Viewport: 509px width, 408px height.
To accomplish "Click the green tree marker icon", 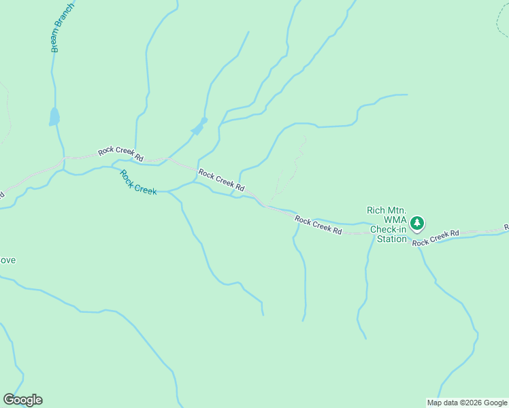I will point(416,222).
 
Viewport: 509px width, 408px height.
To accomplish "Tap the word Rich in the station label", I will point(376,211).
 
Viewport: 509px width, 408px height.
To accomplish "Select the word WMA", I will point(395,220).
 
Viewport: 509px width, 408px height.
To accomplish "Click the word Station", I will point(391,239).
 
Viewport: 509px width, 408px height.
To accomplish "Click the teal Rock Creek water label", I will point(138,182).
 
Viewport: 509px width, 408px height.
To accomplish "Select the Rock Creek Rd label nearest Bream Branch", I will point(120,154).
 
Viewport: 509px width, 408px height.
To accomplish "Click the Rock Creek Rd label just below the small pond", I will point(221,180).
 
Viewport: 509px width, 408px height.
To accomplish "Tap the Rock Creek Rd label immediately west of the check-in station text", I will point(318,224).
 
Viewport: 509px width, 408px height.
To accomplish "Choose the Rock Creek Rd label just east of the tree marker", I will point(436,237).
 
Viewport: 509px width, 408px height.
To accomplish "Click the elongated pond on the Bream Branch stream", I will point(54,116).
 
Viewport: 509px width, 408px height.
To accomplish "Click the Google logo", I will point(23,400).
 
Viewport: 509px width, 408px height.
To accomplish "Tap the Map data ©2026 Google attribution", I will point(467,403).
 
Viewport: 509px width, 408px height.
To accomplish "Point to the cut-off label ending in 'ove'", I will point(7,260).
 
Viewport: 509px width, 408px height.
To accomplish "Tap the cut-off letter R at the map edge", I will point(506,226).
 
